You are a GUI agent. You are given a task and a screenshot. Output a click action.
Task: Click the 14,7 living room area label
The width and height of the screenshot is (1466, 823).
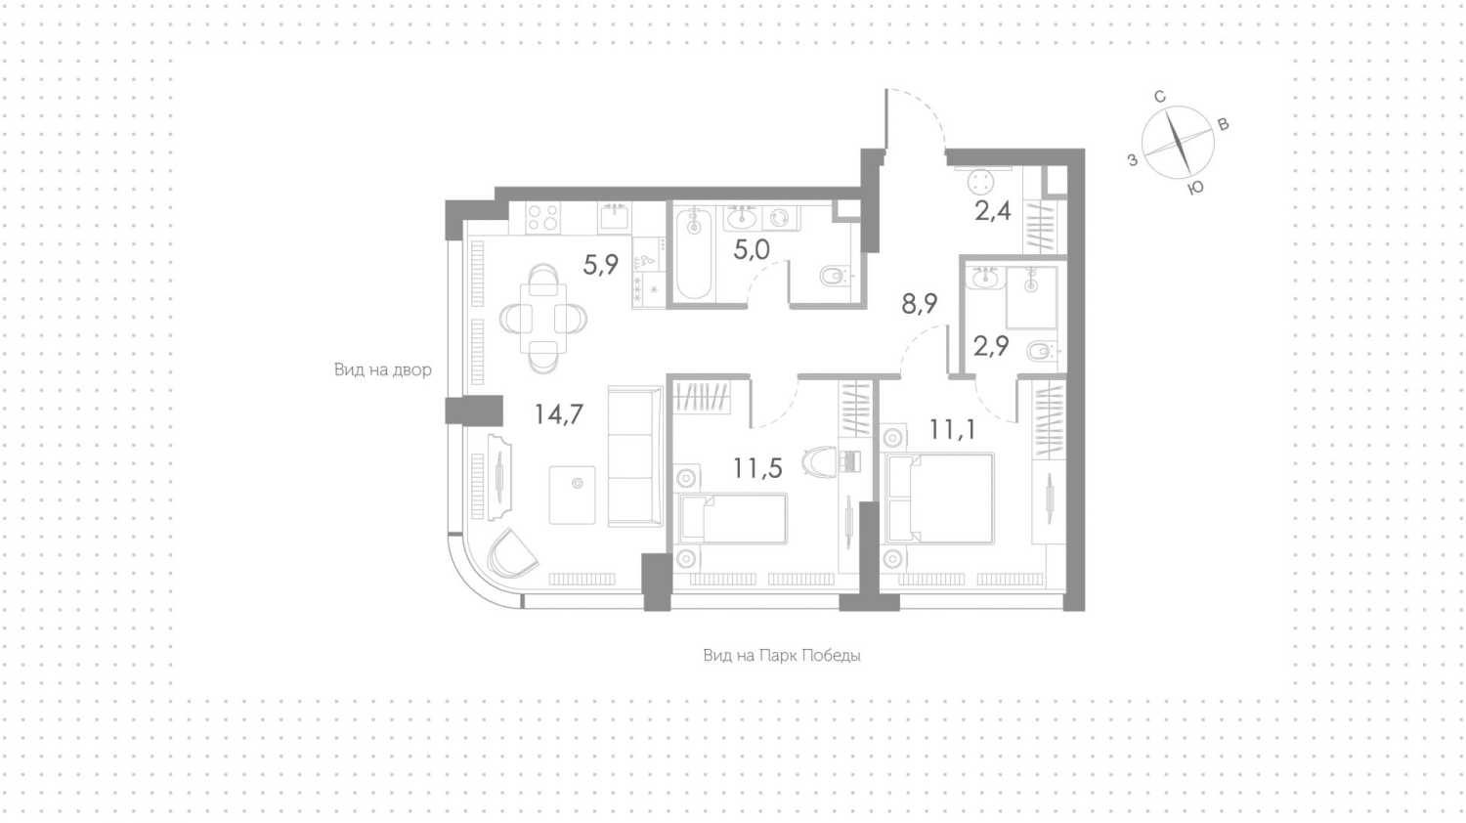click(558, 414)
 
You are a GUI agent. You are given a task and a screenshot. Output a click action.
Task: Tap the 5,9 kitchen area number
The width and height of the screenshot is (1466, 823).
click(601, 265)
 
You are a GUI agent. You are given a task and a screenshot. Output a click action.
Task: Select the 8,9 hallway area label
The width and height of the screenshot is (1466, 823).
click(920, 304)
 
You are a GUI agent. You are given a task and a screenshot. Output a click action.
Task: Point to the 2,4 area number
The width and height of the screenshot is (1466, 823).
click(993, 211)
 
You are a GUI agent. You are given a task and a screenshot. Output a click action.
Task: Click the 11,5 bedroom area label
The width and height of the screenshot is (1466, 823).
click(757, 469)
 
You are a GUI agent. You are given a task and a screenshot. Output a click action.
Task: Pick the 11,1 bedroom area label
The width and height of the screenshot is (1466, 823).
click(953, 429)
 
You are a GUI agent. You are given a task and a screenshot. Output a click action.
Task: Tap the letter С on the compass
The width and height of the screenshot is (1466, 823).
click(1160, 97)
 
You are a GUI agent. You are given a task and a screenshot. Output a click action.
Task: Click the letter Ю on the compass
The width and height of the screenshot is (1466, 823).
click(1195, 189)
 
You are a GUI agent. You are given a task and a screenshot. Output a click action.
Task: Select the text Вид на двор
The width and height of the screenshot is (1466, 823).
click(383, 369)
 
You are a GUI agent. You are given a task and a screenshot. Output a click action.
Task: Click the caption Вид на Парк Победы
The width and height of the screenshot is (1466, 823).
click(782, 656)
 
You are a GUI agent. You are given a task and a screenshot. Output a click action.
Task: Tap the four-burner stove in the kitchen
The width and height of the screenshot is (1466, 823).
click(543, 218)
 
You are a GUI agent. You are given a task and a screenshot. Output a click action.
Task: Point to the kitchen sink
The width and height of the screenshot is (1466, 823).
click(615, 217)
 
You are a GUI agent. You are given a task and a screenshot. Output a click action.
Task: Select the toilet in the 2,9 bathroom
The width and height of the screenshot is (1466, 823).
click(1041, 352)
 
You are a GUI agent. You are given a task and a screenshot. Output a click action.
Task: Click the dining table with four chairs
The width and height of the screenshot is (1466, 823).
click(543, 319)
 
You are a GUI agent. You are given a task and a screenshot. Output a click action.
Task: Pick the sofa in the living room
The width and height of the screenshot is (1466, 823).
click(635, 456)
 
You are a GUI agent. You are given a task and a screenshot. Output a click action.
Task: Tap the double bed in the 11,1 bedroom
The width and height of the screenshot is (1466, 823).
click(938, 498)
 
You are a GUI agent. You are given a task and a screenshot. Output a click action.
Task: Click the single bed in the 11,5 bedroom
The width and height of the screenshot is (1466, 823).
click(733, 519)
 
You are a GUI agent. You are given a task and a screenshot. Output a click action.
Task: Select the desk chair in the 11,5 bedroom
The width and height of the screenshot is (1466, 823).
click(819, 461)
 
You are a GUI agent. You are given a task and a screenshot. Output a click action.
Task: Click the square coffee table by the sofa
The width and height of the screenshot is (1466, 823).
click(572, 495)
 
